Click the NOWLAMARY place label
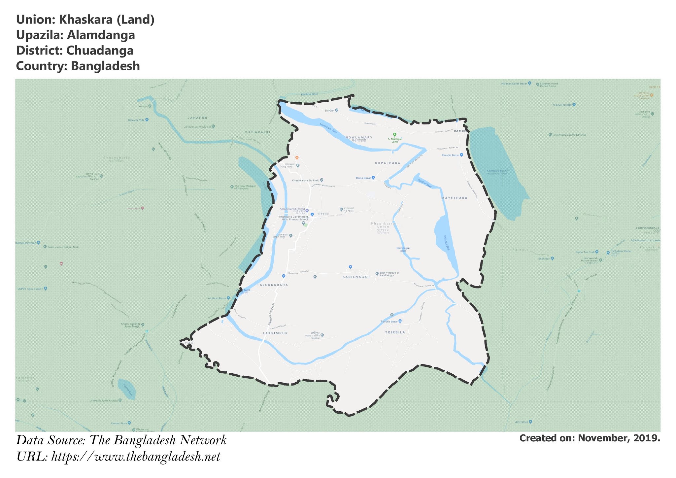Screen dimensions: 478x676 359,137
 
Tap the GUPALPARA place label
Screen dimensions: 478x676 387,163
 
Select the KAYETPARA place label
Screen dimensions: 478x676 455,198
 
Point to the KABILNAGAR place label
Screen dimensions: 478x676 356,277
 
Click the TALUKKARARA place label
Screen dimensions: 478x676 272,285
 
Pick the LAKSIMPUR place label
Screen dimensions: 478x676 275,333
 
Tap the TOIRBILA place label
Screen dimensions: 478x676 395,332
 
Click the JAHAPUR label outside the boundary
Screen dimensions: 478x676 197,118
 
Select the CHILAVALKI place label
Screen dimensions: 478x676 257,132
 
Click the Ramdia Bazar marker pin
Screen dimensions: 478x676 461,154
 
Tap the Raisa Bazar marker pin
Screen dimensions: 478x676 373,178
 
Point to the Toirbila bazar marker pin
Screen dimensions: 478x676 400,321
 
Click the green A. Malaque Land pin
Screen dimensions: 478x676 394,135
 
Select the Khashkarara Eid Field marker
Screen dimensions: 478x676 321,180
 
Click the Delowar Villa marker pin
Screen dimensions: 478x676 147,120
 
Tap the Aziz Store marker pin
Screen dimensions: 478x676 530,422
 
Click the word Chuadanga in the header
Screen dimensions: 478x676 100,51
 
